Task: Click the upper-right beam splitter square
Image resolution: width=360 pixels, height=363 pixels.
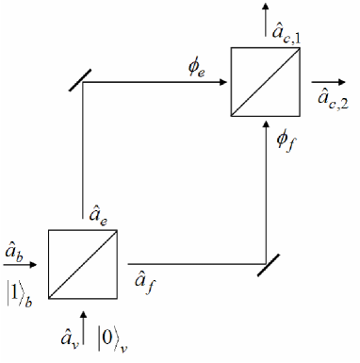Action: point(266,82)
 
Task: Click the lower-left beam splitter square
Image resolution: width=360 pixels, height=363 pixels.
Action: point(83,262)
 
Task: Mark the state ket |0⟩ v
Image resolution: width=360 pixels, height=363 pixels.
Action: point(114,336)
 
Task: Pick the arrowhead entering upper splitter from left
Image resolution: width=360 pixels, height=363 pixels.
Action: point(224,82)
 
